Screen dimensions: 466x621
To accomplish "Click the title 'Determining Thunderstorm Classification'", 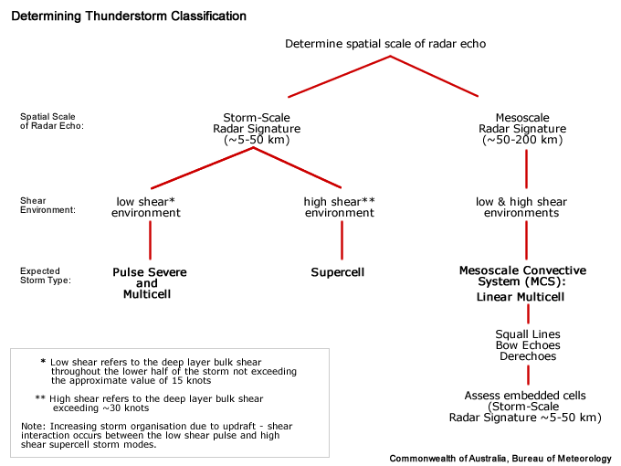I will coord(129,16).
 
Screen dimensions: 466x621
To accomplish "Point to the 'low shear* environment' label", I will coord(146,207).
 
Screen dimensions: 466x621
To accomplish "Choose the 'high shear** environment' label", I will coord(339,207).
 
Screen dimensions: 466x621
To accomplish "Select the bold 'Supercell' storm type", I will coord(339,272).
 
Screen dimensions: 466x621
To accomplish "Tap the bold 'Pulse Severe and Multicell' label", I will coord(147,283).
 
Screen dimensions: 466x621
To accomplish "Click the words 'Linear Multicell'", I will coord(521,298).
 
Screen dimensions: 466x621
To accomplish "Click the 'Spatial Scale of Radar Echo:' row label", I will coord(51,122).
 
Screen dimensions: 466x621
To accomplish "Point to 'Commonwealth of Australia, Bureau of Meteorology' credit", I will coord(500,458).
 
